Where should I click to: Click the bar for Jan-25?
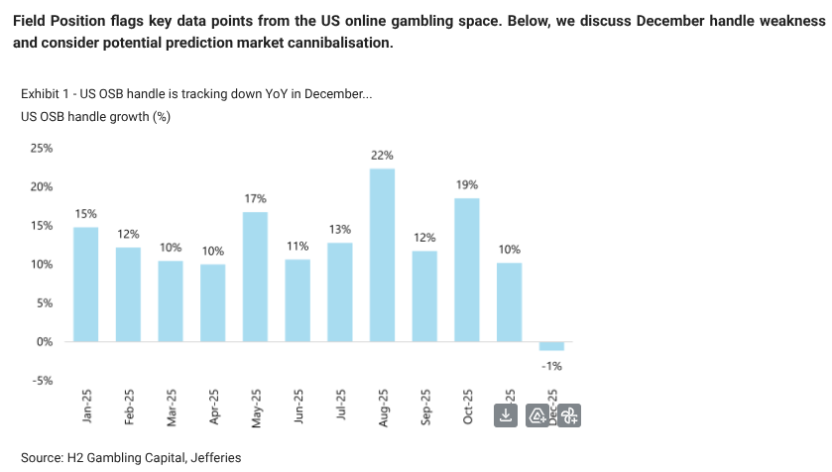[85, 285]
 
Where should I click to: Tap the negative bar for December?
[551, 346]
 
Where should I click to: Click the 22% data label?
[382, 156]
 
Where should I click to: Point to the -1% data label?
[551, 366]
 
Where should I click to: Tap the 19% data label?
[467, 185]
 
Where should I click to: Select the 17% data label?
[255, 199]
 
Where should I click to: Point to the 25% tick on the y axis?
[42, 149]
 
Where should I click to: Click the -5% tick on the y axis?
[44, 381]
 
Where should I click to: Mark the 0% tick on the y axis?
[46, 342]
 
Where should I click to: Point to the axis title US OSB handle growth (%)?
[95, 117]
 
